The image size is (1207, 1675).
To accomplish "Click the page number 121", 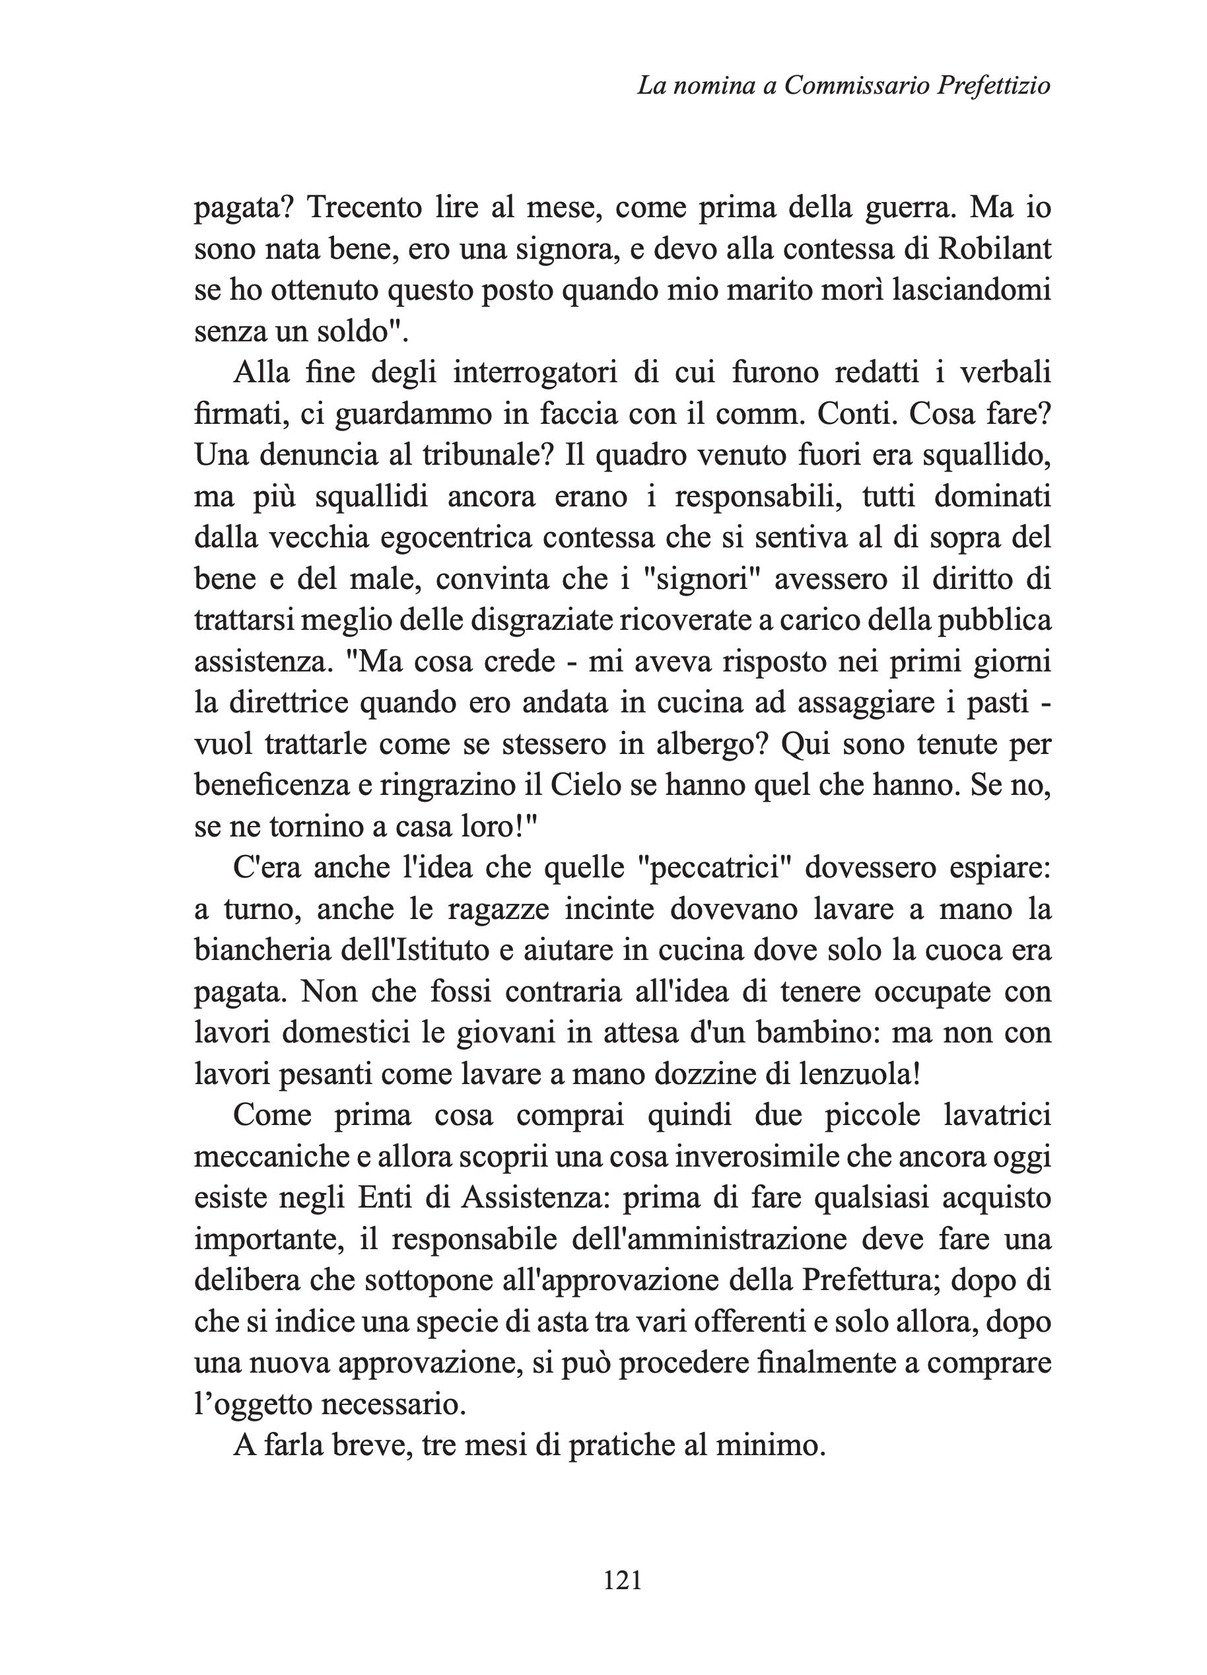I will (x=623, y=1581).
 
